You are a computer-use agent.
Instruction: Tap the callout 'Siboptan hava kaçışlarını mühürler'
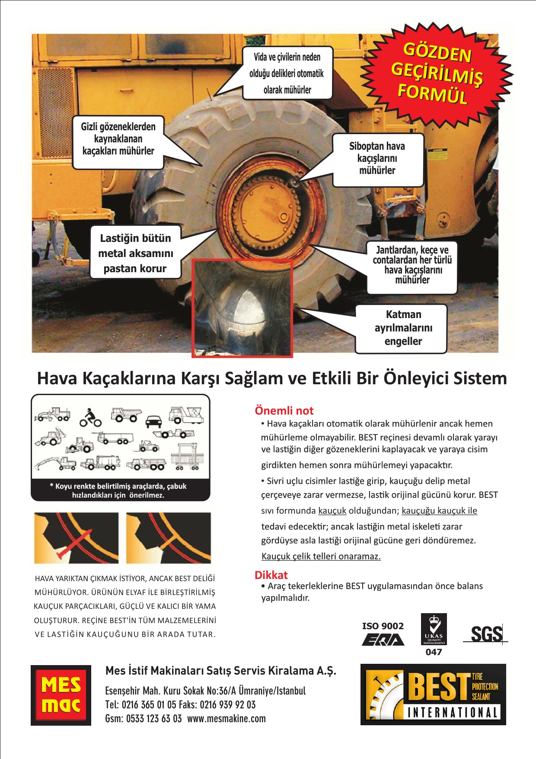coord(377,159)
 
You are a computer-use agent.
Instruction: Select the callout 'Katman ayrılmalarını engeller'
coord(401,328)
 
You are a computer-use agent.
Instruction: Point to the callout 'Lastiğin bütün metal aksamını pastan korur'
coord(135,253)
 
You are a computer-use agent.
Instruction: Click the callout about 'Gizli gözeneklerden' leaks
coord(118,142)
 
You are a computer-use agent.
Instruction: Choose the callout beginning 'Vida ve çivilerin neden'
coord(287,73)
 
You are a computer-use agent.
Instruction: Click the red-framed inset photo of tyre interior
coord(242,308)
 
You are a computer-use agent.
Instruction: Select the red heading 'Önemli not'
coord(284,410)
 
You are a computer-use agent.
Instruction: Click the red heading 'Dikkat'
coord(271,575)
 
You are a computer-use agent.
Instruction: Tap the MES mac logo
coord(61,695)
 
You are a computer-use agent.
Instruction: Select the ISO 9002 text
coord(383,626)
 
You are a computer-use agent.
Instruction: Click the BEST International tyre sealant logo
coord(433,694)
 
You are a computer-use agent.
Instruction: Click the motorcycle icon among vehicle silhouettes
coord(90,418)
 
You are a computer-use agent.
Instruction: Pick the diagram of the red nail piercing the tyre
coord(77,538)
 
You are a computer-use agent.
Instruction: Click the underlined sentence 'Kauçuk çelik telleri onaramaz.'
coord(321,556)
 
